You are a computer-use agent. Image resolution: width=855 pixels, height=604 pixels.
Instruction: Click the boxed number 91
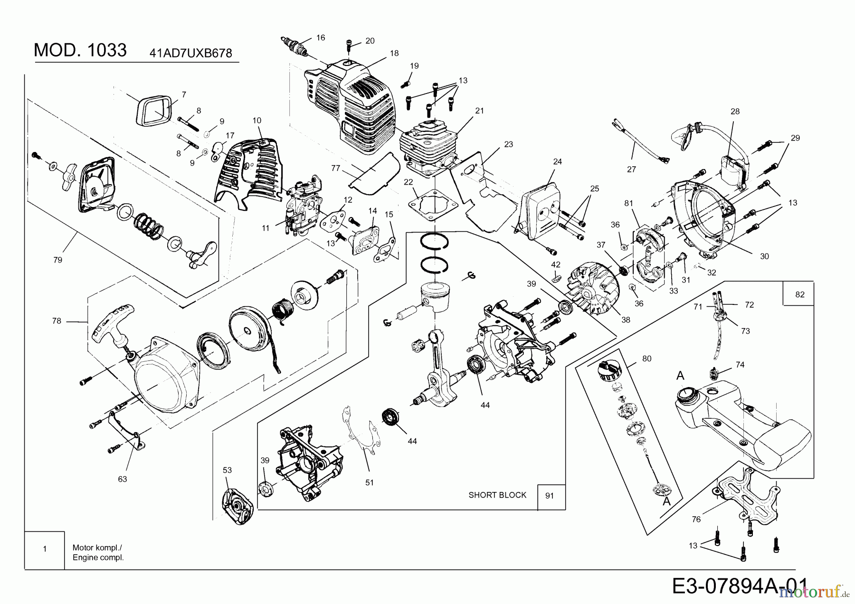pos(550,496)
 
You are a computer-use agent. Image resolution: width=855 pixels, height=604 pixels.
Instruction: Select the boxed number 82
pos(800,294)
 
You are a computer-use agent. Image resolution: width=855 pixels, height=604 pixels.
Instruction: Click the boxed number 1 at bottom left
pos(45,549)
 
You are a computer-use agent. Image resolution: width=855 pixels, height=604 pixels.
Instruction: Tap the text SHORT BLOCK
pos(497,495)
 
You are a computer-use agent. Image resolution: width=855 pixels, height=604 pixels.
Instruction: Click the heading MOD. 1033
pos(80,50)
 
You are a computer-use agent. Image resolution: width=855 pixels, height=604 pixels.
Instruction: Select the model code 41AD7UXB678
pos(191,53)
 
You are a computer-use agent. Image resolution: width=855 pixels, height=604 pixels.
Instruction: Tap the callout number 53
pos(228,470)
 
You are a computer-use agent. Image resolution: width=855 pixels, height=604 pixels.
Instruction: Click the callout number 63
pos(123,479)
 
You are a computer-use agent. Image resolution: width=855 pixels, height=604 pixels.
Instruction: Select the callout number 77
pos(336,168)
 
